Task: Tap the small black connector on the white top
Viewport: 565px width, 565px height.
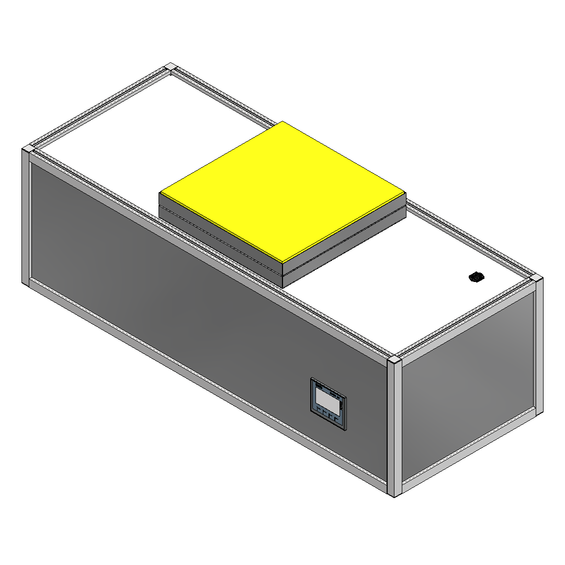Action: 476,277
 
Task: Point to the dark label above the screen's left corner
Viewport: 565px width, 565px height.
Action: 319,386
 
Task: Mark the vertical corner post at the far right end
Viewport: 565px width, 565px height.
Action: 539,345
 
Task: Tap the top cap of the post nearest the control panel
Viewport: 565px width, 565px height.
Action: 394,361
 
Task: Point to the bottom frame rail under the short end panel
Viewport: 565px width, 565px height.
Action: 468,451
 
